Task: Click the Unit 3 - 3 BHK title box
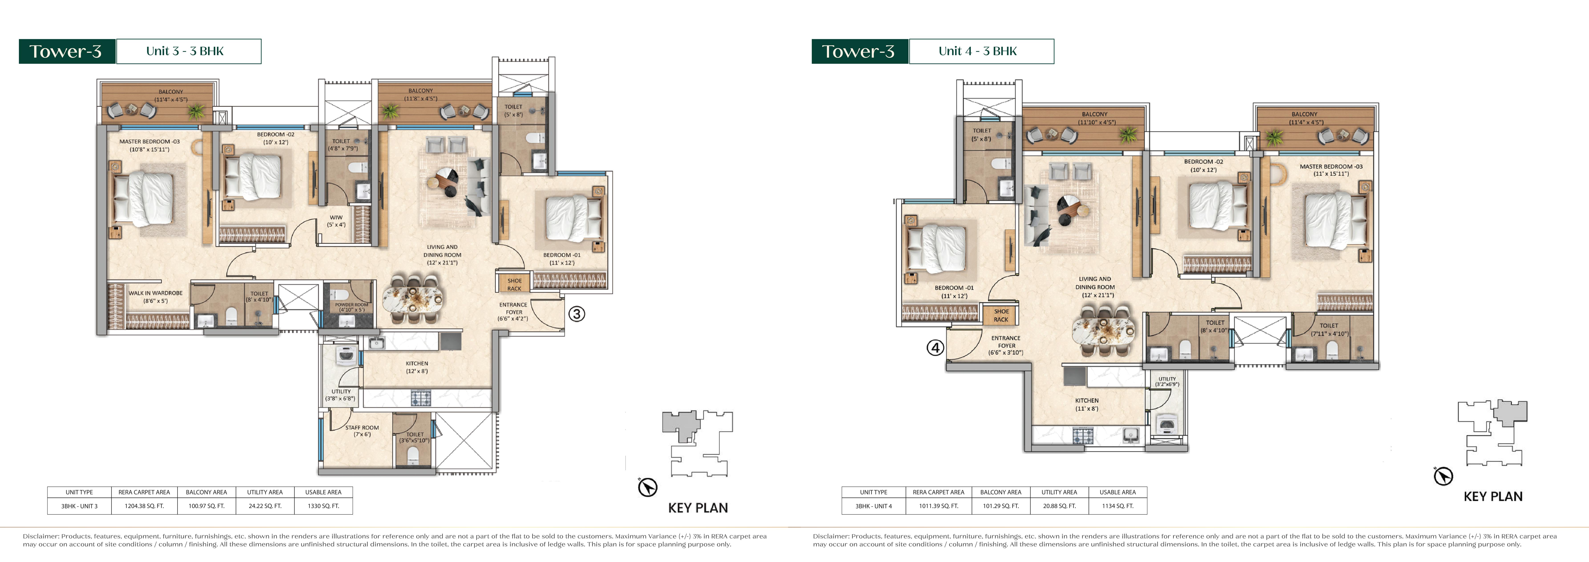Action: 189,51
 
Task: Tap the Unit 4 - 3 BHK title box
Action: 981,51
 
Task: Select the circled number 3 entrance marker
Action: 576,314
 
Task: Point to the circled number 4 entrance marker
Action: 935,348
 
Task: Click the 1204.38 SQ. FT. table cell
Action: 144,506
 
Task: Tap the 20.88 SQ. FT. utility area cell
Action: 1059,506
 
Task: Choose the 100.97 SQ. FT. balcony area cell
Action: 207,506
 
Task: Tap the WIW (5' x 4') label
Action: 336,221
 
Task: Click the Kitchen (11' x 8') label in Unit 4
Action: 1087,404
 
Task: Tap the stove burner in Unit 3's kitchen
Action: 421,398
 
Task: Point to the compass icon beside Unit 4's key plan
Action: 1444,476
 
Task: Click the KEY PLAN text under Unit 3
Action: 698,508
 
